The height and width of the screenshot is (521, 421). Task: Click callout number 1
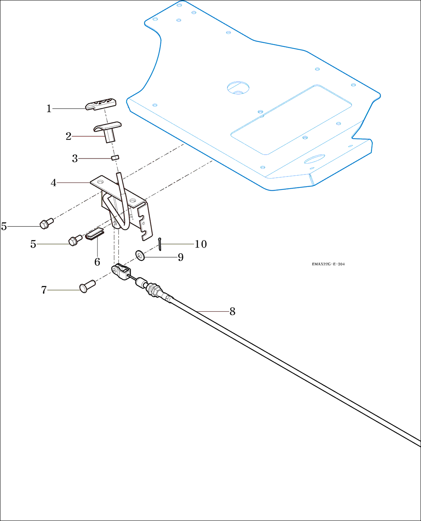(x=49, y=109)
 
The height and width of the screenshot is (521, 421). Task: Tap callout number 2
(x=68, y=137)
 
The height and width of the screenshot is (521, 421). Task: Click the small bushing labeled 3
(x=115, y=157)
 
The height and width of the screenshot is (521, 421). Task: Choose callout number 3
(x=75, y=159)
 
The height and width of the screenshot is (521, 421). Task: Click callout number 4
(x=53, y=183)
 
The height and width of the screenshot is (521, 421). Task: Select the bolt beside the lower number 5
(x=75, y=241)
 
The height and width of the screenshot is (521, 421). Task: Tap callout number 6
(x=97, y=262)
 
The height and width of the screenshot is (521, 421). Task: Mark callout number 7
(x=44, y=290)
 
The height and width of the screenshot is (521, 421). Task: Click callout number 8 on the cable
(x=232, y=311)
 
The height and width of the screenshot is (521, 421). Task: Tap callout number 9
(x=181, y=257)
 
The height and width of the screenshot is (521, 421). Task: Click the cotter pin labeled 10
(x=160, y=244)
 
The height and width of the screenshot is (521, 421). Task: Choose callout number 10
(x=201, y=244)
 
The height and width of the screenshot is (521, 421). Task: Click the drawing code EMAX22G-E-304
(x=328, y=264)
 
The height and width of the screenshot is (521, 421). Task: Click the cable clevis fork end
(x=121, y=271)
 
